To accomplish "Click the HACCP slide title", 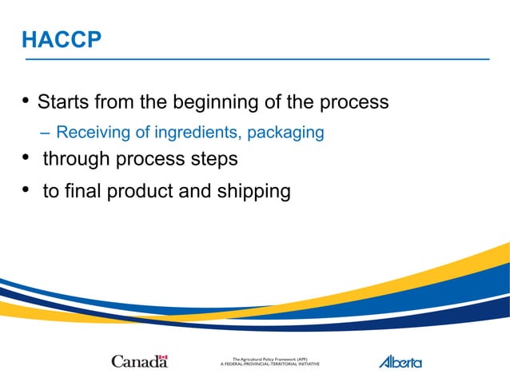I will coord(62,40).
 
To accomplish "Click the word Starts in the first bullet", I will coord(63,103).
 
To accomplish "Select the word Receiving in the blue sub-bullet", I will coord(90,133).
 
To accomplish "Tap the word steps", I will coord(212,159).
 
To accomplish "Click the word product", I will coord(140,192).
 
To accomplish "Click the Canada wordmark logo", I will coord(139,362).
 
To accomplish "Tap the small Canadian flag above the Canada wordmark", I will coord(163,357).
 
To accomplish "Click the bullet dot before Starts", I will coord(26,101).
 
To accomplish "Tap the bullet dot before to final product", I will coord(26,190).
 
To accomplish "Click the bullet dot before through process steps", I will coord(26,157).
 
